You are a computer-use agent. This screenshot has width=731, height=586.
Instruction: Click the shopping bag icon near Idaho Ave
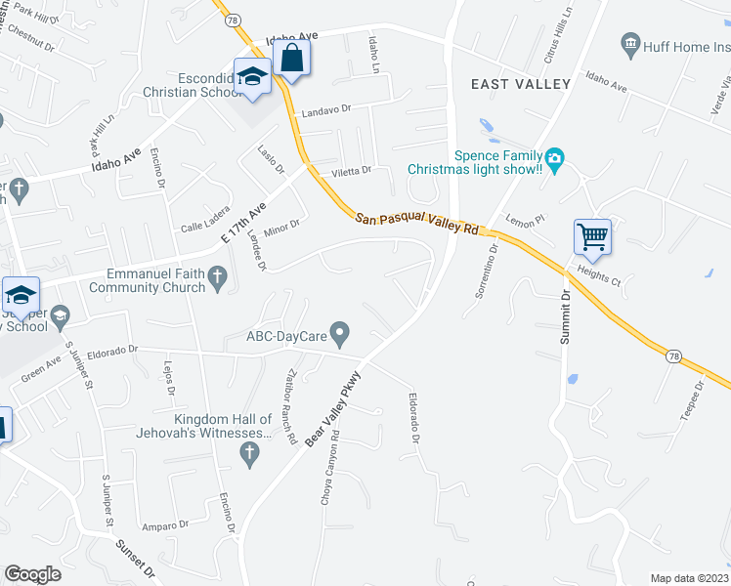coord(291,58)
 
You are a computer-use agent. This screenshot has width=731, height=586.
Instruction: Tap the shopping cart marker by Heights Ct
coord(592,235)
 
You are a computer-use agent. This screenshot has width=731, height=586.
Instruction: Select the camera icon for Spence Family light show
coord(555,158)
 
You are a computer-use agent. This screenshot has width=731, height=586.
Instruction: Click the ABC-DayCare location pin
coord(339,334)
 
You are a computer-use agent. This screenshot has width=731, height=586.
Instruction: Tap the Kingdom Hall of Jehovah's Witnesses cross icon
coord(249,453)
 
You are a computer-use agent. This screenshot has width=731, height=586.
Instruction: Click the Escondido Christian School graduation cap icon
coord(252,77)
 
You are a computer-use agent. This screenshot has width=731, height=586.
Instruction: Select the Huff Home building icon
coord(630,44)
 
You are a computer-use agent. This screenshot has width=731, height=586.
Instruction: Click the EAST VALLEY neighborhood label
coord(520,84)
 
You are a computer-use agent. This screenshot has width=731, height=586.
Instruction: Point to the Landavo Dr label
coord(325,110)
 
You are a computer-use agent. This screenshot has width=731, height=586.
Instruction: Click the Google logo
coord(33,574)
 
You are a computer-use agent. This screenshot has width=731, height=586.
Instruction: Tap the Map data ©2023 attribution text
coord(688,578)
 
